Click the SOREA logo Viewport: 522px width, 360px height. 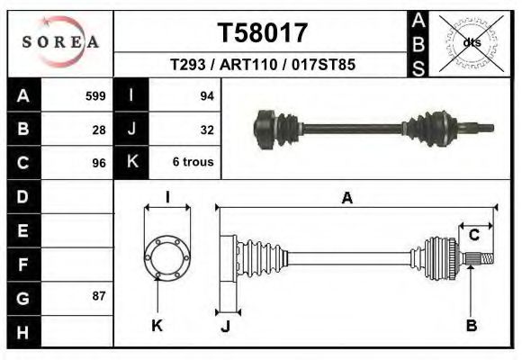(59, 42)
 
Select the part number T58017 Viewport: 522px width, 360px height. (263, 32)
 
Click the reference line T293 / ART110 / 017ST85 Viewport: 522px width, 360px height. (262, 65)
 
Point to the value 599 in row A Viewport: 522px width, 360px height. (95, 95)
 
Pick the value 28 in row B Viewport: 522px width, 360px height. (99, 129)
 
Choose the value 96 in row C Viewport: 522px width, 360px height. (99, 163)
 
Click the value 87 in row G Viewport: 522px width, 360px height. (99, 295)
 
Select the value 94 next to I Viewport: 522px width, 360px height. (206, 95)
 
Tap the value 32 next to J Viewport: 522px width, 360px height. (206, 129)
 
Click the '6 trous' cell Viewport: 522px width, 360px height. (192, 163)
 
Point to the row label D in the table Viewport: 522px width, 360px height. (22, 195)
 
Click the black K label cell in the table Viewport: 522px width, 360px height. (131, 163)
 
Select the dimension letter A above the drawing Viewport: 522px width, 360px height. (346, 200)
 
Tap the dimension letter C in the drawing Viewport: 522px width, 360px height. (473, 236)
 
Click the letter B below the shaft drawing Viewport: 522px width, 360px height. (471, 326)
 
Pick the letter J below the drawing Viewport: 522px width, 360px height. (225, 328)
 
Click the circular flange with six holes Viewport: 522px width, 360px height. (167, 256)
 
